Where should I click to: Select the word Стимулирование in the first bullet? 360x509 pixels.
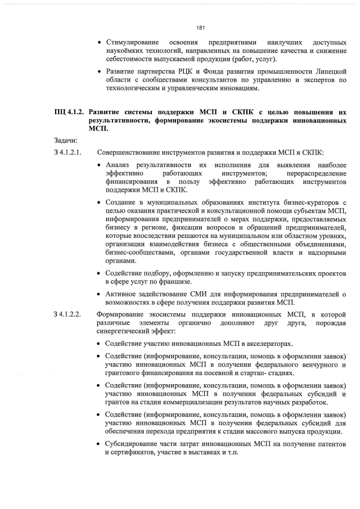(x=132, y=43)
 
